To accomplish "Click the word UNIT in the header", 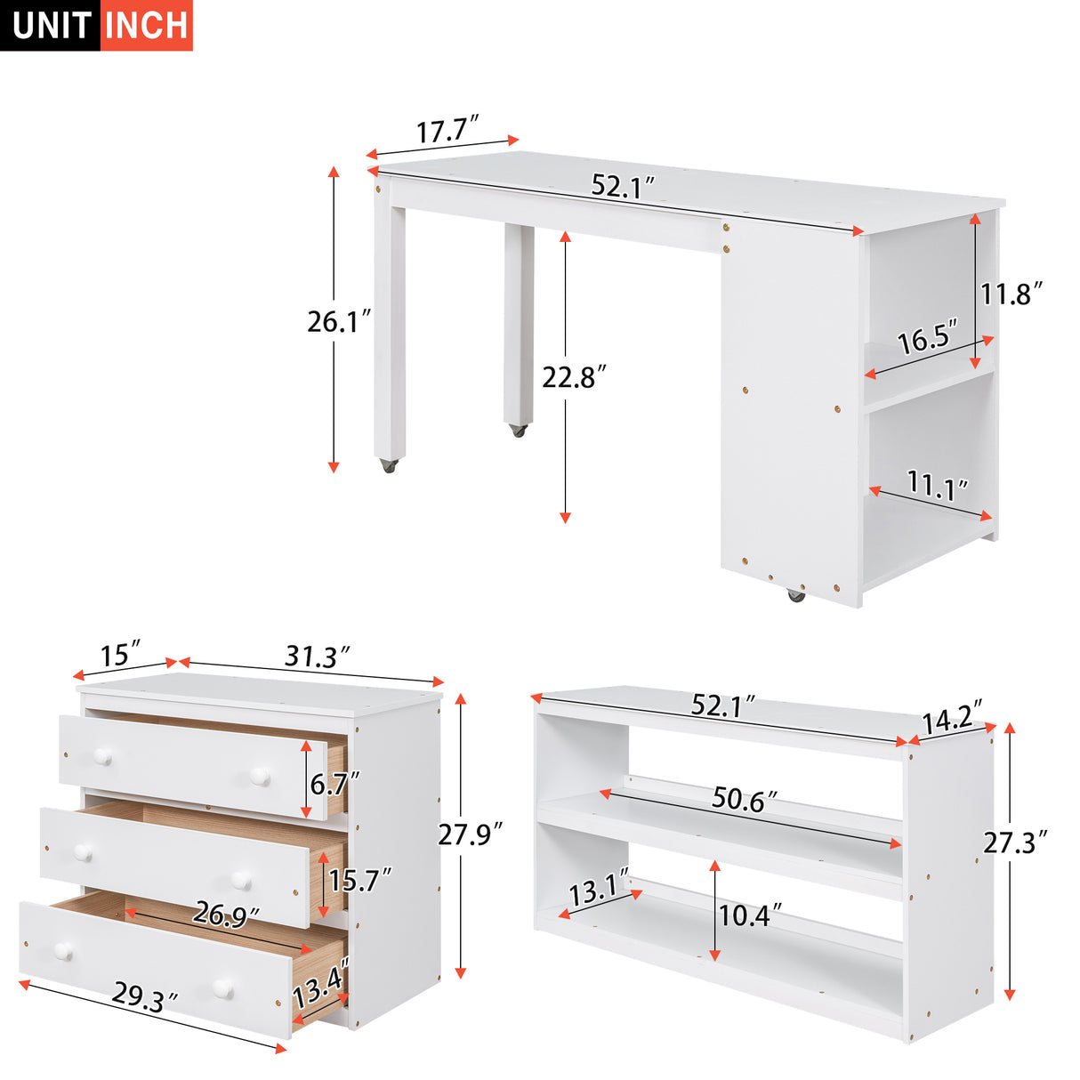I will point(52,25).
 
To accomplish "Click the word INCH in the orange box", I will point(146,25).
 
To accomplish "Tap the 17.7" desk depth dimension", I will point(447,131).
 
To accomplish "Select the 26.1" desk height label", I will point(339,321).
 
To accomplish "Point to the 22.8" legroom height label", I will point(574,377).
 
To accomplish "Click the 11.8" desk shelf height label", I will point(1011,293).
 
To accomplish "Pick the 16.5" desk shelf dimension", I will point(927,339).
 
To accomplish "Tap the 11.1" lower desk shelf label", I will point(938,487).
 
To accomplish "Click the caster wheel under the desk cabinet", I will point(795,594).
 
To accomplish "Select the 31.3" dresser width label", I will point(316,657).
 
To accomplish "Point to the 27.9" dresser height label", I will point(471,834).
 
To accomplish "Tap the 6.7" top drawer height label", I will point(334,783).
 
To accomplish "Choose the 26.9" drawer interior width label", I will point(226,915).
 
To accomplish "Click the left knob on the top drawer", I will point(102,757).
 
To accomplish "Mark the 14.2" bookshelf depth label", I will point(951,718).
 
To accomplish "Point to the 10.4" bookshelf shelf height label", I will point(750,915).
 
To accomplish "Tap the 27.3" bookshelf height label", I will point(1015,842).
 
